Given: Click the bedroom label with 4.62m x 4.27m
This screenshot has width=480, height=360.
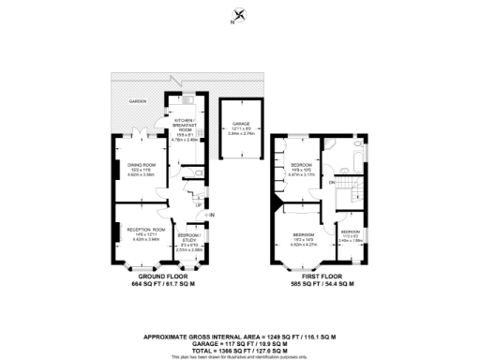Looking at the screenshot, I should pos(303,237).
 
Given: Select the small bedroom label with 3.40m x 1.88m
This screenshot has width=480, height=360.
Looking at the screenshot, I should pos(350,234).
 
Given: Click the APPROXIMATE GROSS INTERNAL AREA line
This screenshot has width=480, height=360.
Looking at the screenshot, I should pos(239,335).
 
